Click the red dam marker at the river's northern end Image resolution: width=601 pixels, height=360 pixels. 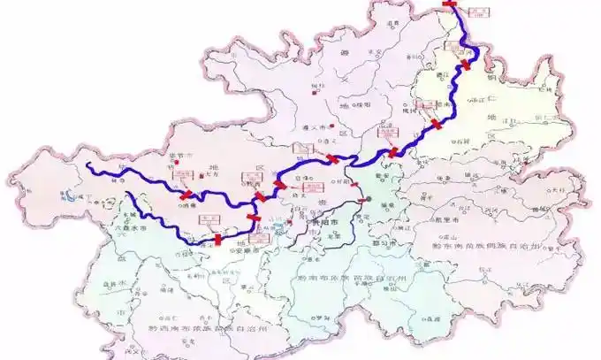[450, 4]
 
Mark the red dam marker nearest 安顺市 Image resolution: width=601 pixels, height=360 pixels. [218, 239]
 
